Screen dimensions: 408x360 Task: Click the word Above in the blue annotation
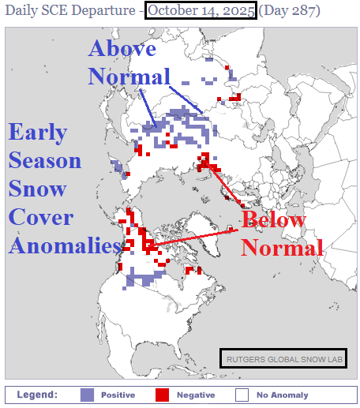[x=122, y=49]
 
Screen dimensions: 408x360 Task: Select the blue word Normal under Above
[x=129, y=76]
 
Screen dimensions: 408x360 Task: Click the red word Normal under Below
[x=282, y=247]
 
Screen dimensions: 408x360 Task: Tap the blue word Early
[x=37, y=133]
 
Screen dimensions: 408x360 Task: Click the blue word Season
[x=45, y=161]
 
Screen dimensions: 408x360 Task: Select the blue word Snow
[x=37, y=189]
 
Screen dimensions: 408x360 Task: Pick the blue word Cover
[x=41, y=217]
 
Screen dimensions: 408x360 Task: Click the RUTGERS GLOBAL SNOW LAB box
[x=283, y=358]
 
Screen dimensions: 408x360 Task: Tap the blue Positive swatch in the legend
[x=88, y=394]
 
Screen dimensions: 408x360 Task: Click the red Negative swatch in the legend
[x=163, y=394]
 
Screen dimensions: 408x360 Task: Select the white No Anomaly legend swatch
[x=242, y=394]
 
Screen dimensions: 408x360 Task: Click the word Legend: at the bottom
[x=36, y=394]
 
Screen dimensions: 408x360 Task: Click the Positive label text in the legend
[x=117, y=395]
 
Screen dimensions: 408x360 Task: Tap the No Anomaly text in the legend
[x=282, y=395]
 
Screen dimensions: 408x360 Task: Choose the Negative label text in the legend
[x=195, y=395]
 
